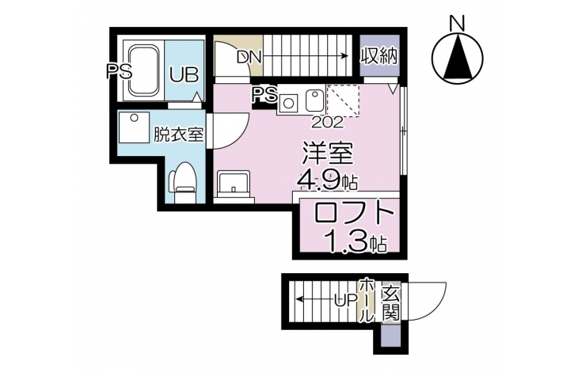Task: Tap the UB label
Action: point(184,74)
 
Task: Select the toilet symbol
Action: point(182,182)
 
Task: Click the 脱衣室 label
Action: point(178,134)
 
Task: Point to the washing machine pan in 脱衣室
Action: point(134,127)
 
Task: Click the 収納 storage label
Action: point(379,57)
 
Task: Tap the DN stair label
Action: point(249,57)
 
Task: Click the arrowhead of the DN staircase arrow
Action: point(344,56)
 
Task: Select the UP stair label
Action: point(345,301)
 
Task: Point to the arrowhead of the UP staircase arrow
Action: point(300,298)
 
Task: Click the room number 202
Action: point(327,122)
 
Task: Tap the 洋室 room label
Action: point(328,154)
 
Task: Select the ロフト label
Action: point(352,214)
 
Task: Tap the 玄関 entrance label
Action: point(390,303)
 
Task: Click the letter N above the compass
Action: point(457,24)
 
